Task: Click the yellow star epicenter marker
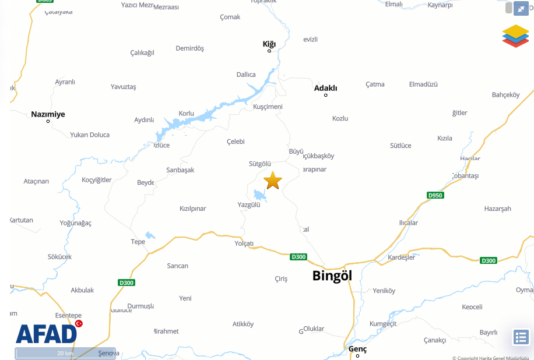pyautogui.click(x=272, y=181)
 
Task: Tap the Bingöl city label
pyautogui.click(x=332, y=276)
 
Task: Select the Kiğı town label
pyautogui.click(x=269, y=44)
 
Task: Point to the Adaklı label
pyautogui.click(x=325, y=88)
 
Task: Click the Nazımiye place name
pyautogui.click(x=48, y=114)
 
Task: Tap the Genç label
pyautogui.click(x=357, y=349)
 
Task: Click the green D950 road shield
pyautogui.click(x=435, y=195)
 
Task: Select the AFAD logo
pyautogui.click(x=47, y=333)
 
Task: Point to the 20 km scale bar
pyautogui.click(x=65, y=353)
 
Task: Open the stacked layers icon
pyautogui.click(x=515, y=36)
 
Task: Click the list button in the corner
pyautogui.click(x=521, y=337)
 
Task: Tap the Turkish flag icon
pyautogui.click(x=79, y=323)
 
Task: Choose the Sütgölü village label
pyautogui.click(x=260, y=164)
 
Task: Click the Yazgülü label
pyautogui.click(x=249, y=204)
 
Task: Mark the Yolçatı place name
pyautogui.click(x=244, y=243)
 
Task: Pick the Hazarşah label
pyautogui.click(x=497, y=209)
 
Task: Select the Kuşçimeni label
pyautogui.click(x=268, y=107)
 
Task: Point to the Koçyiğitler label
pyautogui.click(x=97, y=179)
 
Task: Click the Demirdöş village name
pyautogui.click(x=190, y=48)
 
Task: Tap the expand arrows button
pyautogui.click(x=520, y=8)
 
